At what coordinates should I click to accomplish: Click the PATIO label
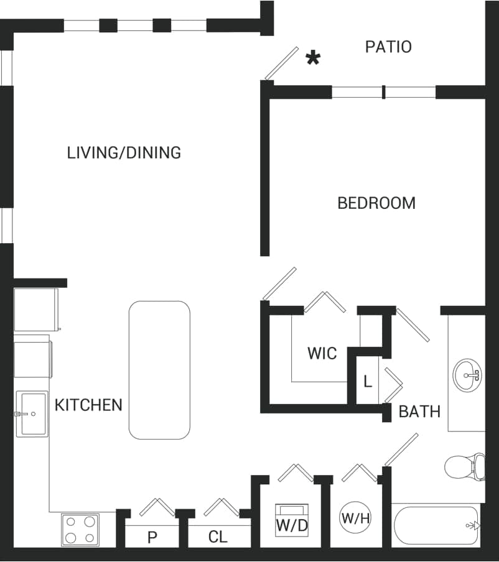tap(388, 47)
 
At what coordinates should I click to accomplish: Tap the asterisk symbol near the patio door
tap(313, 58)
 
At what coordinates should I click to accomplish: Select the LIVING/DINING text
tap(124, 152)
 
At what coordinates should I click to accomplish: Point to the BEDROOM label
tap(376, 203)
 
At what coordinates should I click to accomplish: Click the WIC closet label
tap(322, 354)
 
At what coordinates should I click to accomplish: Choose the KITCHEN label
tap(88, 405)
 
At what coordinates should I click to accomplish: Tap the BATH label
tap(419, 412)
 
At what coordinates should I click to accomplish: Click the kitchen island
tap(159, 370)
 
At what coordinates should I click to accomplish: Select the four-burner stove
tap(80, 529)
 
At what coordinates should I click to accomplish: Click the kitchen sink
tap(31, 413)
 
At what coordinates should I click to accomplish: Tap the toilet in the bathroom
tap(464, 466)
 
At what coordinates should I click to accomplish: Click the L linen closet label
tap(368, 382)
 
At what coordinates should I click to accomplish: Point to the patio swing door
tap(282, 63)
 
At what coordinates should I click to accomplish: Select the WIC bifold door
tap(324, 301)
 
